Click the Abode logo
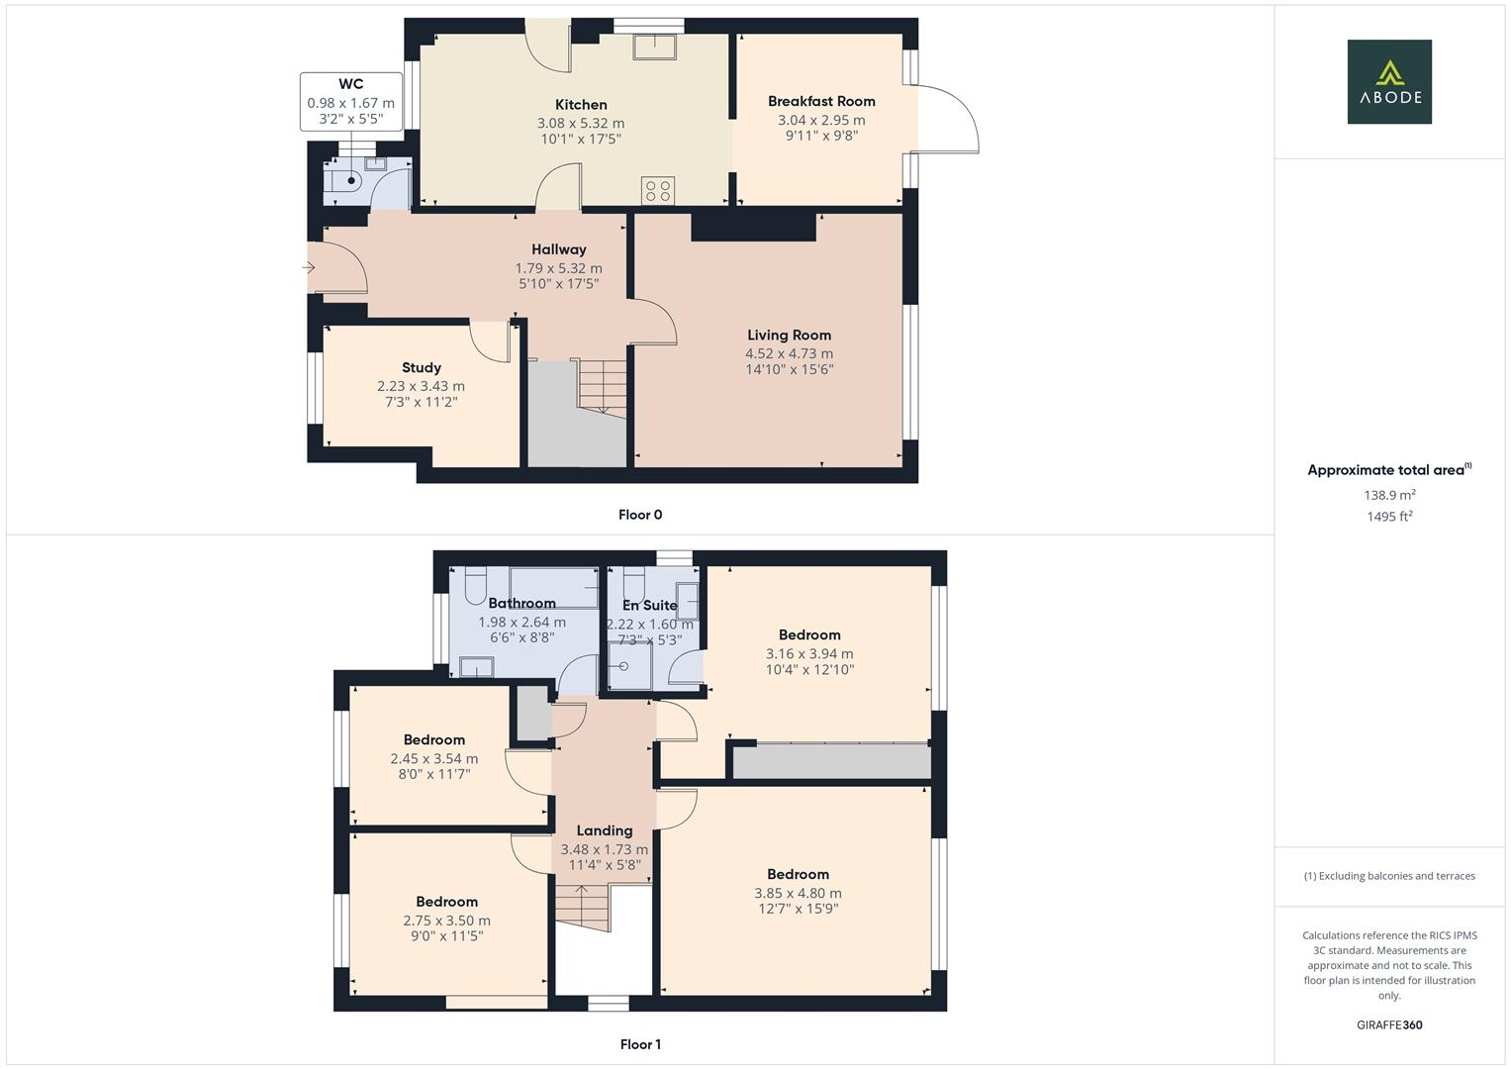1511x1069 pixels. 1388,81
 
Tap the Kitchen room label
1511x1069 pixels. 581,105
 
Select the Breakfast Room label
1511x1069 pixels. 821,101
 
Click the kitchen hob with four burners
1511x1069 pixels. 659,189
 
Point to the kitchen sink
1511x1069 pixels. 654,47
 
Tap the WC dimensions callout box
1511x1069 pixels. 350,101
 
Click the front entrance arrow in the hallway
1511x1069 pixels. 310,267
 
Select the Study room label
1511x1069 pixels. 421,368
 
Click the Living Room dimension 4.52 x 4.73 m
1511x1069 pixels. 789,353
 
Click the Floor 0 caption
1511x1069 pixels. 640,515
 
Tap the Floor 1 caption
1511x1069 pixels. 640,1044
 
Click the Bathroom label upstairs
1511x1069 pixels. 521,604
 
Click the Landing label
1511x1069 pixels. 604,831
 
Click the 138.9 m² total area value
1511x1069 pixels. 1388,495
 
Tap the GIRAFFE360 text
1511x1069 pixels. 1388,1025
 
